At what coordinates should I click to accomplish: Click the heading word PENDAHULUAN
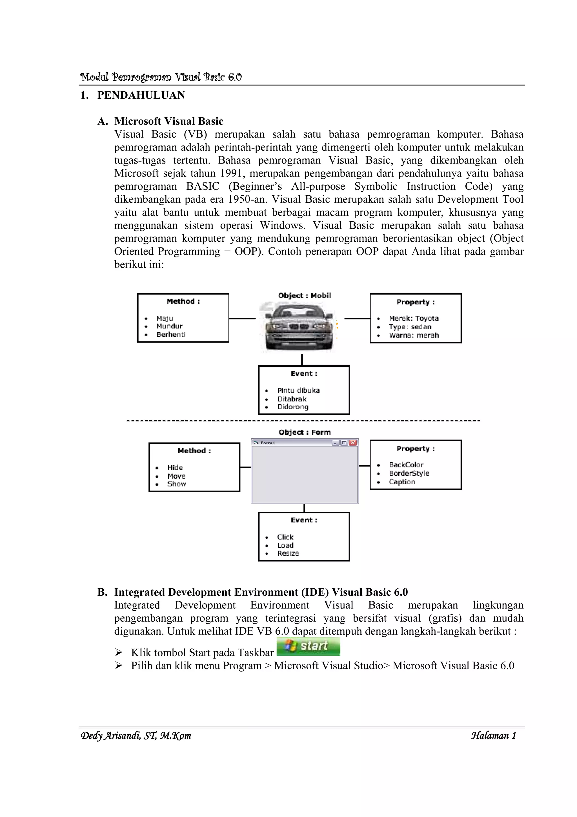[x=141, y=95]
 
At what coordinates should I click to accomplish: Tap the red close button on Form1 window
[x=353, y=443]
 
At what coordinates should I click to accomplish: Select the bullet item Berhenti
[x=171, y=334]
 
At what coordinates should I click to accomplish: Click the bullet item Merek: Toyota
[x=414, y=318]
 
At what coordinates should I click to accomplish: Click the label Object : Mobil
[x=304, y=295]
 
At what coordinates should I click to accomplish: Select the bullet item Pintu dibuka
[x=298, y=390]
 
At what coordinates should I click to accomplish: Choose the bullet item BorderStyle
[x=409, y=473]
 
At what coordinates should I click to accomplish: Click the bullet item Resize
[x=288, y=553]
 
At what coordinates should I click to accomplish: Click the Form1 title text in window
[x=267, y=443]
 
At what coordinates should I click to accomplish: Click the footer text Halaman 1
[x=493, y=736]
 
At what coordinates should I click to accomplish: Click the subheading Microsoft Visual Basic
[x=168, y=121]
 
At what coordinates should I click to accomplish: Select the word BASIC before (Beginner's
[x=203, y=186]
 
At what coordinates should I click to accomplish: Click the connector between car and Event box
[x=302, y=360]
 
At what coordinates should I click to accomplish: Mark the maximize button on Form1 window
[x=344, y=443]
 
